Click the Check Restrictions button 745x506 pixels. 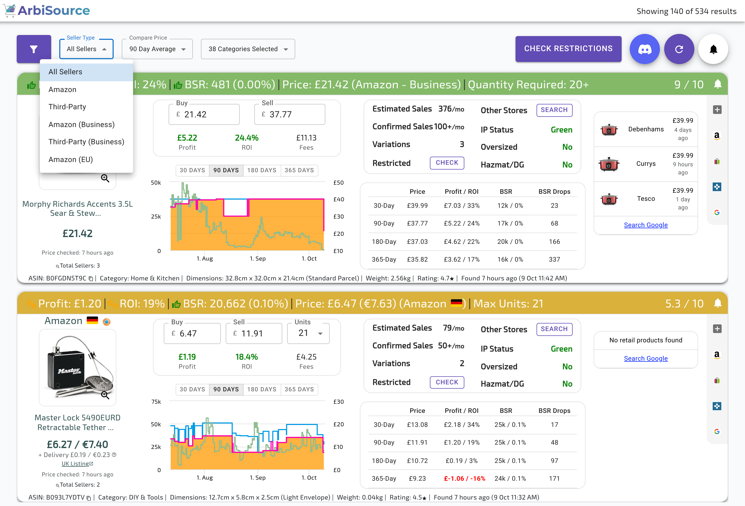tap(568, 49)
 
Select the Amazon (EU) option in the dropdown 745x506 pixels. tap(71, 160)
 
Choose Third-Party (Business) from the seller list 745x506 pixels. tap(86, 142)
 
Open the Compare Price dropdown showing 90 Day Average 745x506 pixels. tap(157, 49)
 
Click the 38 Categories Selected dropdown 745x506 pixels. tap(248, 49)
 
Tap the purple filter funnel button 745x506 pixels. tap(34, 49)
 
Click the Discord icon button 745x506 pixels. tap(645, 49)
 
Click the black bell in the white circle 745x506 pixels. tap(713, 49)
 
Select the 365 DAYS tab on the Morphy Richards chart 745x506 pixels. tap(299, 170)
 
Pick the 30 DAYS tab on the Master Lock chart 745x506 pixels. tap(192, 389)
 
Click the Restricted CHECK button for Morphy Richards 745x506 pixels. tap(447, 163)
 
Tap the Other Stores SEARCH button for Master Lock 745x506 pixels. tap(554, 329)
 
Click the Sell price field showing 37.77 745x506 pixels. tap(290, 114)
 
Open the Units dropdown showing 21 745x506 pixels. tap(308, 333)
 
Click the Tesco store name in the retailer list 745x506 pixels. tap(646, 199)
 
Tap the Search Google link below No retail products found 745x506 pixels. tap(646, 358)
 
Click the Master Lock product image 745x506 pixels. tap(78, 367)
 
